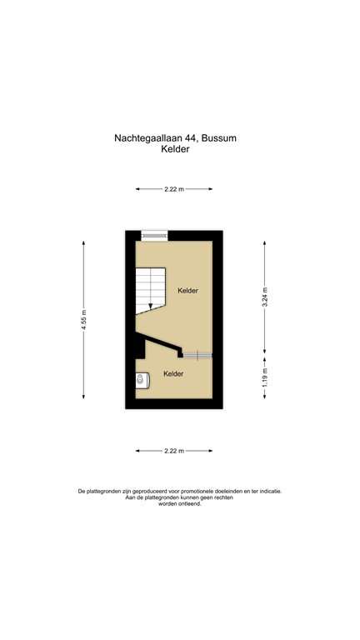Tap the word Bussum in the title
click(x=218, y=138)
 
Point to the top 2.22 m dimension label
click(x=174, y=189)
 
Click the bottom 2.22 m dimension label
click(x=174, y=451)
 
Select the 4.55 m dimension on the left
click(x=84, y=320)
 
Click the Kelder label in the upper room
click(x=188, y=290)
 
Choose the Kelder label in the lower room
click(x=173, y=373)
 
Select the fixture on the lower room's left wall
click(x=141, y=380)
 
